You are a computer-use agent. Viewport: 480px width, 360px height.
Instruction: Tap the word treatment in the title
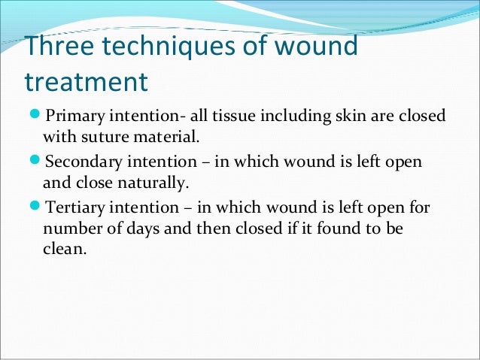(84, 80)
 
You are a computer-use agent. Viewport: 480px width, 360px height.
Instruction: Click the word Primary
(73, 117)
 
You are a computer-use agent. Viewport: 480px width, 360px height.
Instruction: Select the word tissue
(220, 117)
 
